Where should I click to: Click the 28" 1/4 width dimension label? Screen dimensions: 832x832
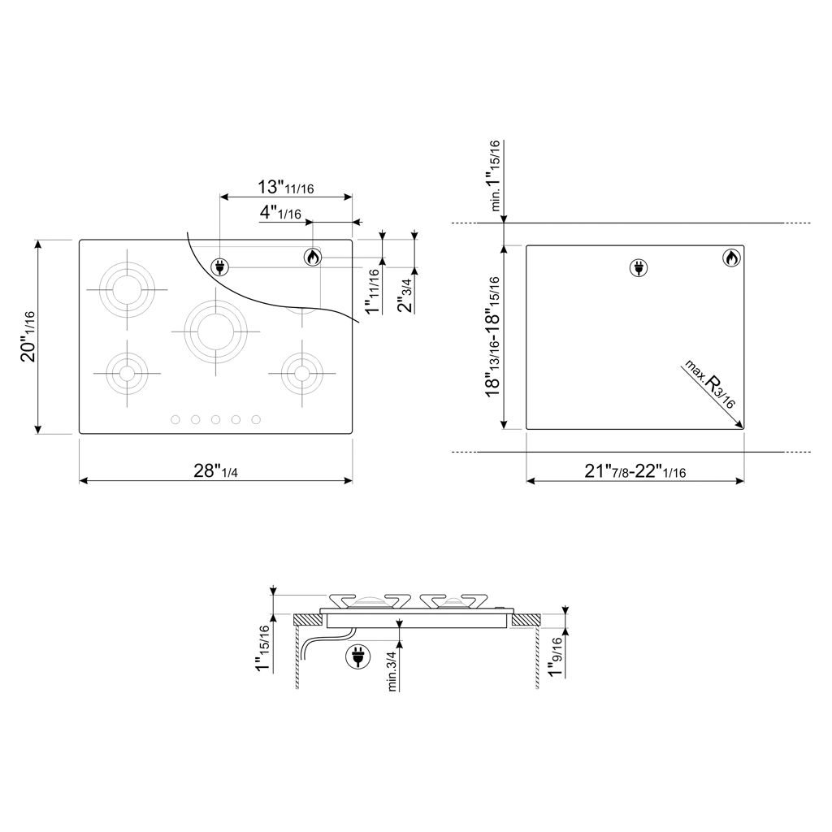pos(215,470)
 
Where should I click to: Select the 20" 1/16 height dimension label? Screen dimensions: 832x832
pos(28,336)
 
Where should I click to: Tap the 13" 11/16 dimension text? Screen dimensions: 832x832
pos(285,187)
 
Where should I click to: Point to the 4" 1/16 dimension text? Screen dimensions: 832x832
pos(280,213)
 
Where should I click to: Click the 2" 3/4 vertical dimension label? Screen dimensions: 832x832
pos(406,292)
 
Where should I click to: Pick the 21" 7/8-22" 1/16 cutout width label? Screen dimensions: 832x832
pos(635,470)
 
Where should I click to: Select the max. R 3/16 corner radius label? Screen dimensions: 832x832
pos(709,383)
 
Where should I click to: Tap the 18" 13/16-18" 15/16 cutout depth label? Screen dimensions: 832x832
pos(493,336)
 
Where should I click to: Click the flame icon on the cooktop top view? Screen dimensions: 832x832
pos(313,258)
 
